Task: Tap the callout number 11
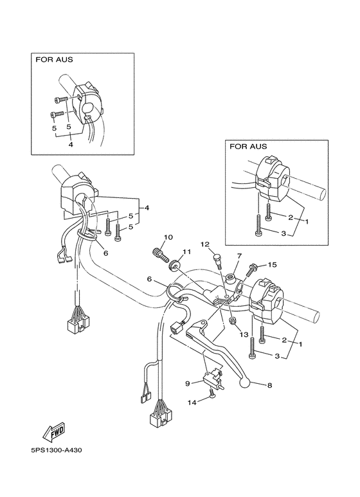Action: pos(186,251)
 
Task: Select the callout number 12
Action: pos(206,244)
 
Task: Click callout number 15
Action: pos(272,265)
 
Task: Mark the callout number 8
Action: pos(269,386)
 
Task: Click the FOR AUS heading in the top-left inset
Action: pos(54,60)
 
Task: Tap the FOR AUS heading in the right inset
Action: pos(249,147)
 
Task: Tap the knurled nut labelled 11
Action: pos(174,266)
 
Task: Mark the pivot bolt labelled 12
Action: pos(217,260)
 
